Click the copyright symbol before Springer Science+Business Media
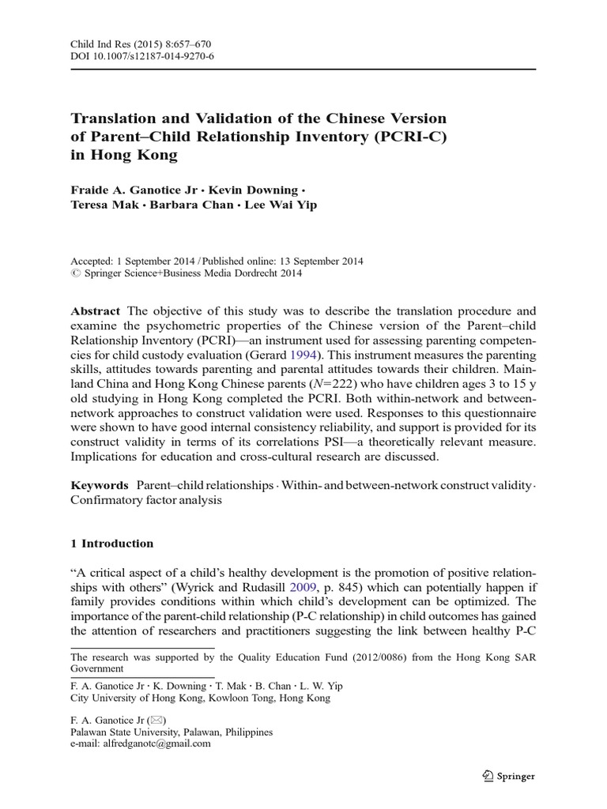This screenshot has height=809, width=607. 76,274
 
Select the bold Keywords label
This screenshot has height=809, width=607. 100,484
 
